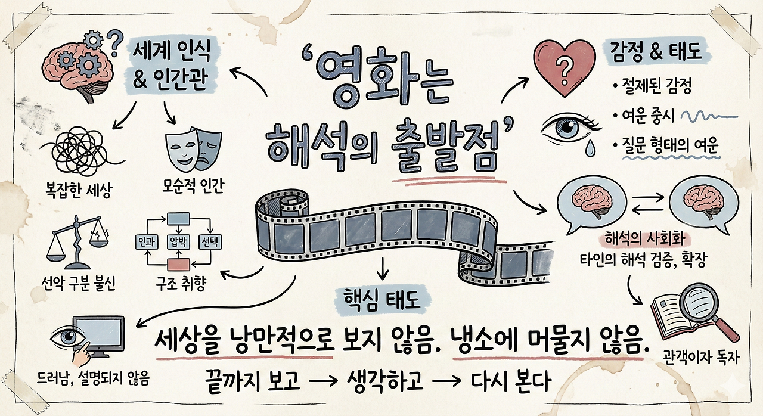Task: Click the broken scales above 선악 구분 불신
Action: [79, 241]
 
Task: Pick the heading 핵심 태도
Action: [382, 298]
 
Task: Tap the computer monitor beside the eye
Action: [101, 336]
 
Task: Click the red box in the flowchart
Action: [177, 263]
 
